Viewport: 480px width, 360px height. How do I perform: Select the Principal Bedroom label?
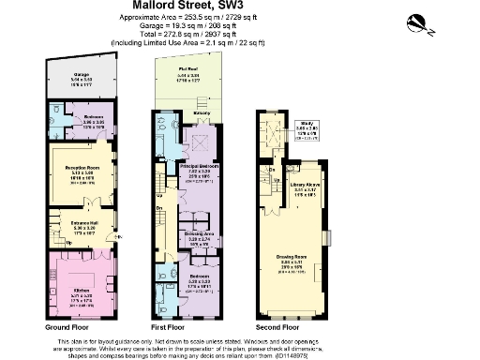coord(200,170)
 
